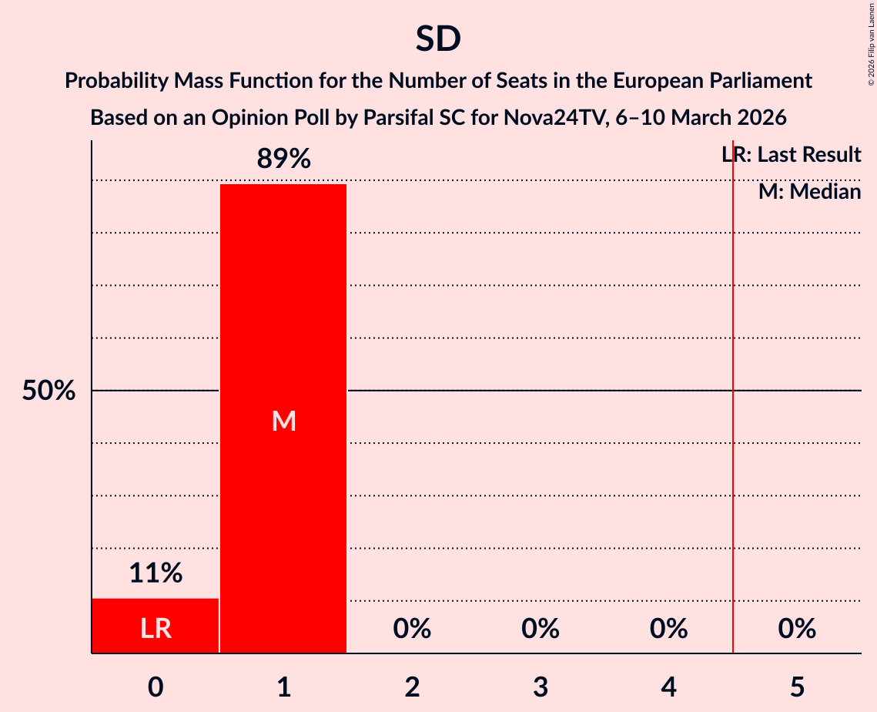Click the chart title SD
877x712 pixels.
tap(438, 39)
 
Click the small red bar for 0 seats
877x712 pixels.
tap(156, 625)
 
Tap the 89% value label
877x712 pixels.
tap(283, 160)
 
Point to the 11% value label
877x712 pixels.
tap(156, 573)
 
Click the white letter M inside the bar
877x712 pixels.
tap(283, 421)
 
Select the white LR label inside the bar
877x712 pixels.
tap(156, 630)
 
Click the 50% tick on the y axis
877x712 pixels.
tap(49, 391)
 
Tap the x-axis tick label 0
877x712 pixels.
tap(156, 687)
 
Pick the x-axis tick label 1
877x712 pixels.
tap(283, 687)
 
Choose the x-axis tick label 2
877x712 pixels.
tap(412, 687)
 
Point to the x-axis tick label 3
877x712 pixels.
tap(541, 687)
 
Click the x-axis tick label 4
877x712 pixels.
tap(668, 687)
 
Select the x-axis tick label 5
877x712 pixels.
tap(797, 687)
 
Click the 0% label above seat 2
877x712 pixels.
tap(412, 630)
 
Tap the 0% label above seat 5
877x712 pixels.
tap(797, 630)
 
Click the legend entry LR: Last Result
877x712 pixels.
tap(791, 155)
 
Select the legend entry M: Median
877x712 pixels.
tap(809, 192)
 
